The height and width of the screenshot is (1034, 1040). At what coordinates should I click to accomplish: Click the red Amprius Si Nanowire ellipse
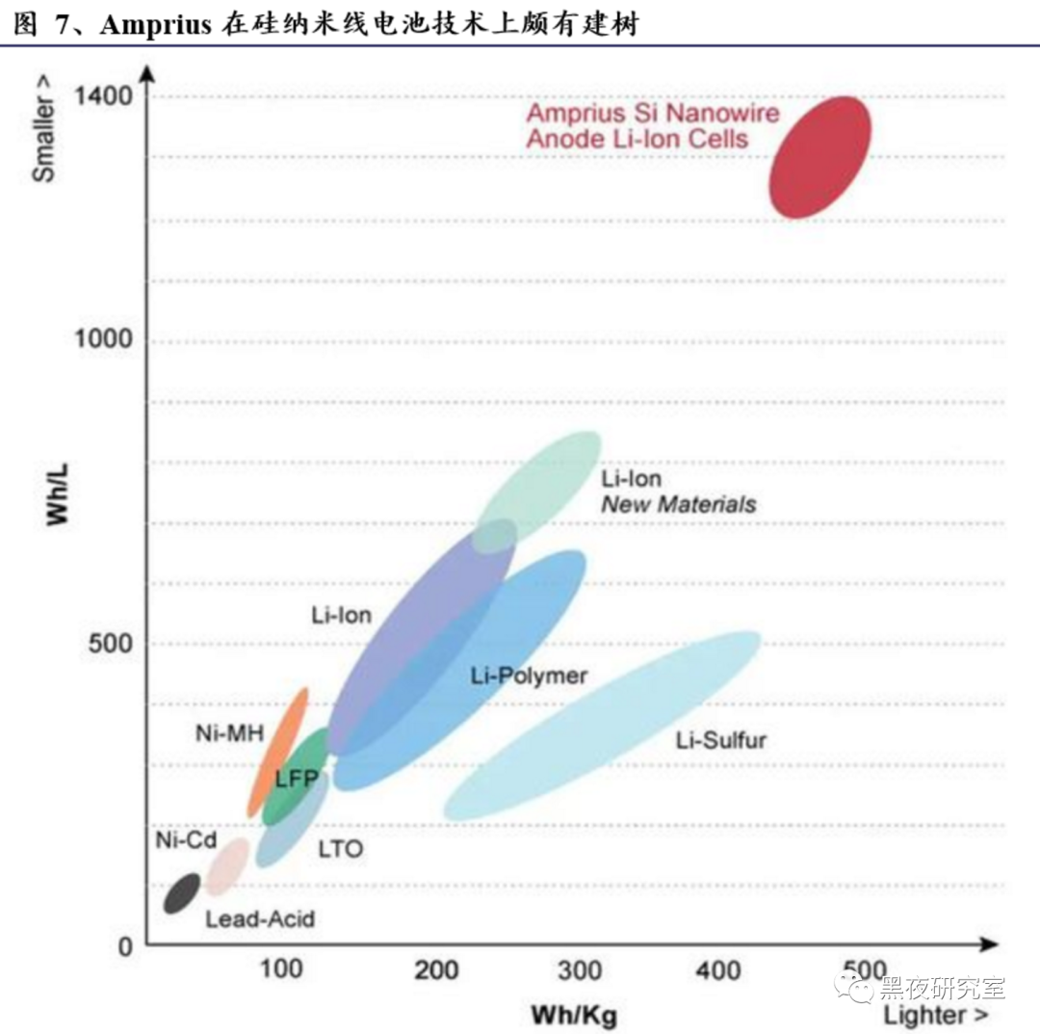819,157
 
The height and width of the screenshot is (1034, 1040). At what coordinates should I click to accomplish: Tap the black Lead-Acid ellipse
181,893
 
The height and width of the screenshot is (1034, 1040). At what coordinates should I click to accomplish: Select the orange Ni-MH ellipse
278,752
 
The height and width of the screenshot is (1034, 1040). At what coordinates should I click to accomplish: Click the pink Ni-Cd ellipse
229,864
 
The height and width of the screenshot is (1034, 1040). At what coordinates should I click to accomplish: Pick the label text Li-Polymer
529,676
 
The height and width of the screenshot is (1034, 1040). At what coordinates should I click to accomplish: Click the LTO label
340,850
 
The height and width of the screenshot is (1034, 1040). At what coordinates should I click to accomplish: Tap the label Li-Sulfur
721,740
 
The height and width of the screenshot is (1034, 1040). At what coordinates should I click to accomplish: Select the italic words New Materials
679,504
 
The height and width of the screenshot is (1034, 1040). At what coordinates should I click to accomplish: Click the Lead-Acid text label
260,919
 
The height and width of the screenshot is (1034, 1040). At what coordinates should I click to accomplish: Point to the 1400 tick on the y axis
104,96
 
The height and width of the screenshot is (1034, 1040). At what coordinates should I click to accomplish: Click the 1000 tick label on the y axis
104,340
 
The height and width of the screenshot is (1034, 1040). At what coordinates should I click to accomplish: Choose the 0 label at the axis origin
124,946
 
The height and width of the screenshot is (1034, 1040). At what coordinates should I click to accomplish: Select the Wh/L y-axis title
60,493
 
